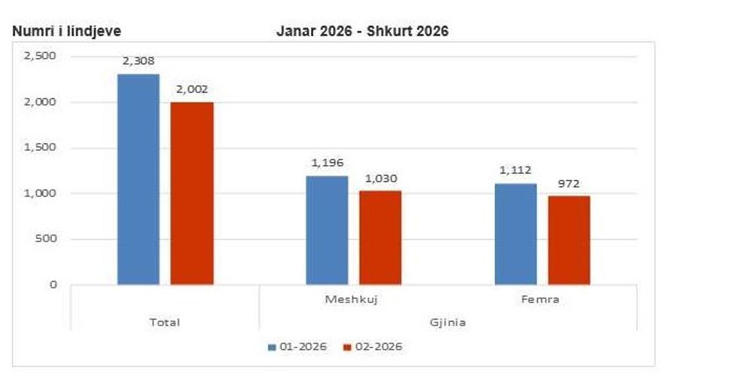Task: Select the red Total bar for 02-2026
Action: tap(192, 194)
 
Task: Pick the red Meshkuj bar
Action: tap(380, 237)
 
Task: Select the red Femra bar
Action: tap(569, 240)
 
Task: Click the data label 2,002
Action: tap(192, 89)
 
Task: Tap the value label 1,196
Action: tap(328, 162)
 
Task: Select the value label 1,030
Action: tap(381, 179)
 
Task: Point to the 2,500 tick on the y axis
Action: tap(41, 57)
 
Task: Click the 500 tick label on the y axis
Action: tap(47, 239)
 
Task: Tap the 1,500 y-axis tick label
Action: tap(41, 148)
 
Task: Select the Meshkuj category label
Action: tap(352, 299)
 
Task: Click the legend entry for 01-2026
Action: tap(297, 347)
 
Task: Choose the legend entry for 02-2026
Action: tap(373, 347)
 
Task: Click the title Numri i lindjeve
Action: tap(66, 31)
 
